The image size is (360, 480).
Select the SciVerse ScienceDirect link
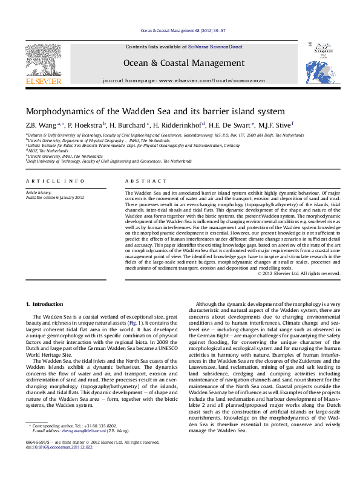pyautogui.click(x=215, y=47)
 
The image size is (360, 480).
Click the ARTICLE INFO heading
pyautogui.click(x=55, y=181)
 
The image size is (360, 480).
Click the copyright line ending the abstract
pyautogui.click(x=299, y=273)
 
